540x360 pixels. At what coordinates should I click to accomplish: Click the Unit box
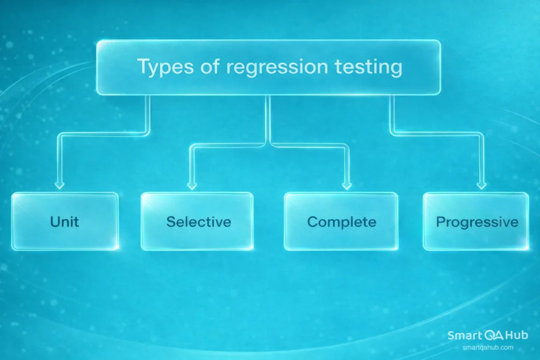point(65,220)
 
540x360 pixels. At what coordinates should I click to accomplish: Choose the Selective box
point(197,221)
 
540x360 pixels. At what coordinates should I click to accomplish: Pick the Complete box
point(341,221)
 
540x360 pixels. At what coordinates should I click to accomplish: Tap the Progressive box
point(476,221)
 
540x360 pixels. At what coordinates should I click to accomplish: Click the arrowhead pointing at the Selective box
point(191,185)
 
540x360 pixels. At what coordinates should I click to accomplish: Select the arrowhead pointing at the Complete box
point(346,185)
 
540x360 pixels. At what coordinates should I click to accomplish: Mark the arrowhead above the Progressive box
point(481,185)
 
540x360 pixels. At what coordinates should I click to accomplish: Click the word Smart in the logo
point(463,335)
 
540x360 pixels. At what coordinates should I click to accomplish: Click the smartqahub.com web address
point(488,347)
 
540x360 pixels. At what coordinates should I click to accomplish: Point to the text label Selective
point(199,221)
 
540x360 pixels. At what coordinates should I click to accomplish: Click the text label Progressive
point(477,222)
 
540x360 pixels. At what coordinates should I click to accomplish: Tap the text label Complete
point(342,221)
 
